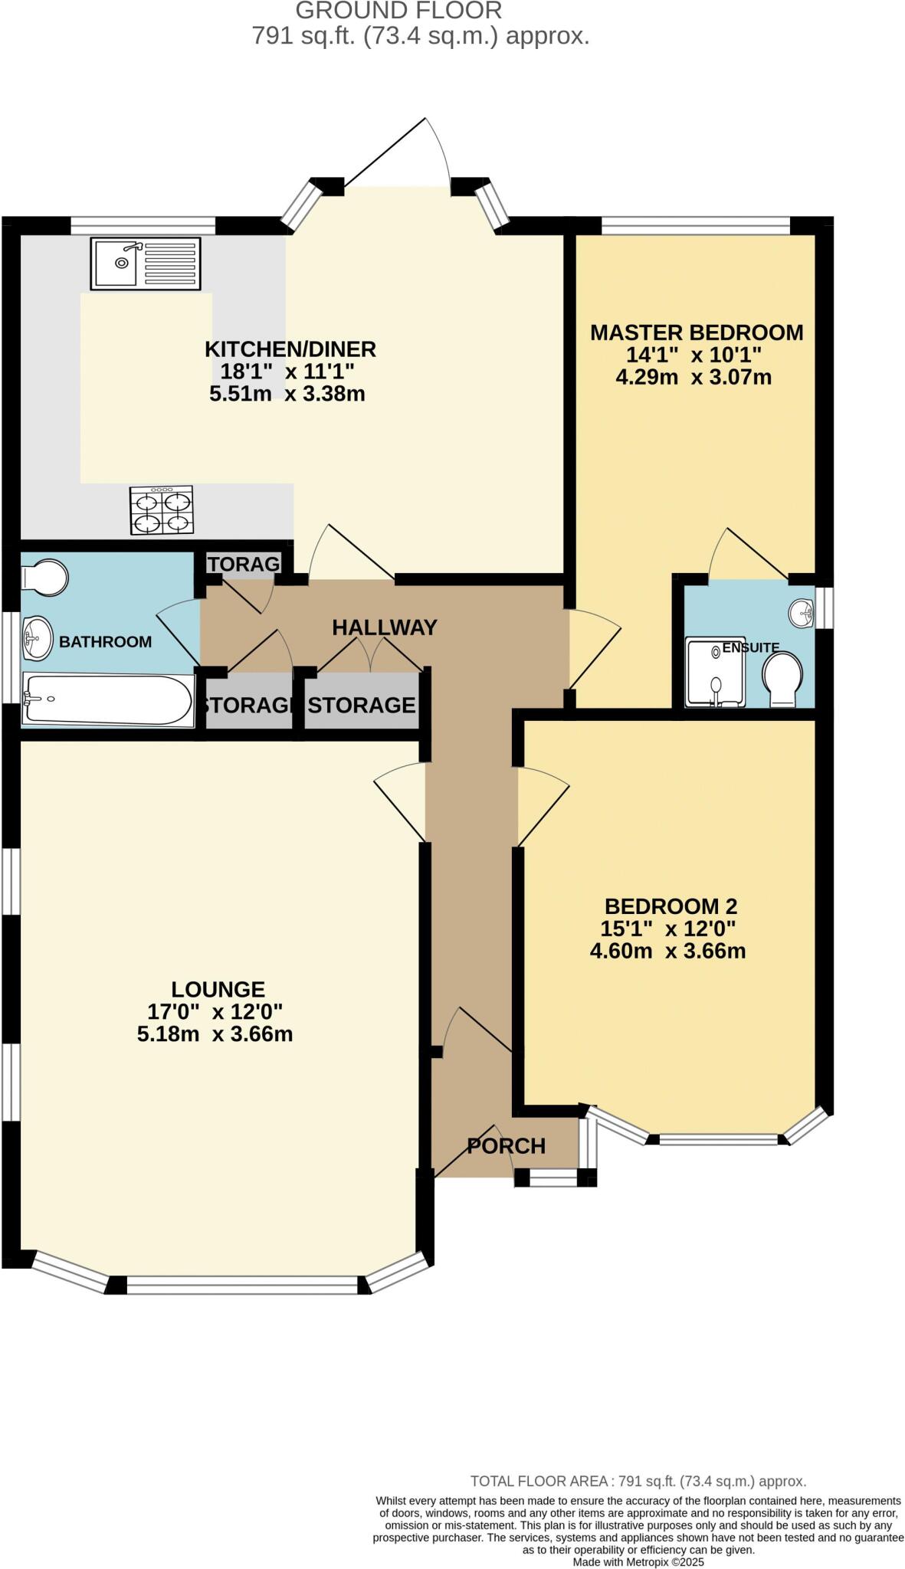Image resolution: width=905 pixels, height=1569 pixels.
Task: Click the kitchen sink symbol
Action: coord(145,263)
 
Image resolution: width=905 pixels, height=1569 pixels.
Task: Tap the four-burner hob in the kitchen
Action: coord(161,510)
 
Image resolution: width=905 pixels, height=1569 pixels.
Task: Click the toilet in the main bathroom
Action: coord(44,576)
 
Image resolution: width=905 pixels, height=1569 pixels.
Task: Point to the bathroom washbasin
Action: coord(35,638)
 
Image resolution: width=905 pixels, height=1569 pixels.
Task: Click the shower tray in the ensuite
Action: coord(714,672)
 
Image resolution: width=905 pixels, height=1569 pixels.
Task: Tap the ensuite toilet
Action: coord(782,679)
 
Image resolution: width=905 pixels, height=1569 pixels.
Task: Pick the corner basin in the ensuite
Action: coord(802,612)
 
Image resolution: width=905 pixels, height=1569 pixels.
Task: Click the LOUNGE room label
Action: coord(218,989)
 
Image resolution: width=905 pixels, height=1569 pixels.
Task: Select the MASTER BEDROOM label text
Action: coord(696,332)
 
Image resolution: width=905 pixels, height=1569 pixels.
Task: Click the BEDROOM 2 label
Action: coord(671,906)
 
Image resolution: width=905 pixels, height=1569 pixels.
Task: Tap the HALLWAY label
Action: coord(384,627)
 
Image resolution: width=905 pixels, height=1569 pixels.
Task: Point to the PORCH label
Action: coord(506,1146)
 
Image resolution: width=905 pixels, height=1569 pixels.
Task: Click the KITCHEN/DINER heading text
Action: coord(290,349)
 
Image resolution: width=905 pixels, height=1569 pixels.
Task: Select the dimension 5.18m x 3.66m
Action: coord(215,1033)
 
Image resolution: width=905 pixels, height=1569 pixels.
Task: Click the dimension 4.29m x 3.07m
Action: coord(693,377)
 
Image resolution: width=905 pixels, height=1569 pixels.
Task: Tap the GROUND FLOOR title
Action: coord(398,11)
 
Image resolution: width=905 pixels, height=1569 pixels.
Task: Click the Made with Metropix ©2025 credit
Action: coord(638,1561)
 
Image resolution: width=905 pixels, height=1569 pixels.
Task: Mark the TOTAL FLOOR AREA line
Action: coord(638,1481)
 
